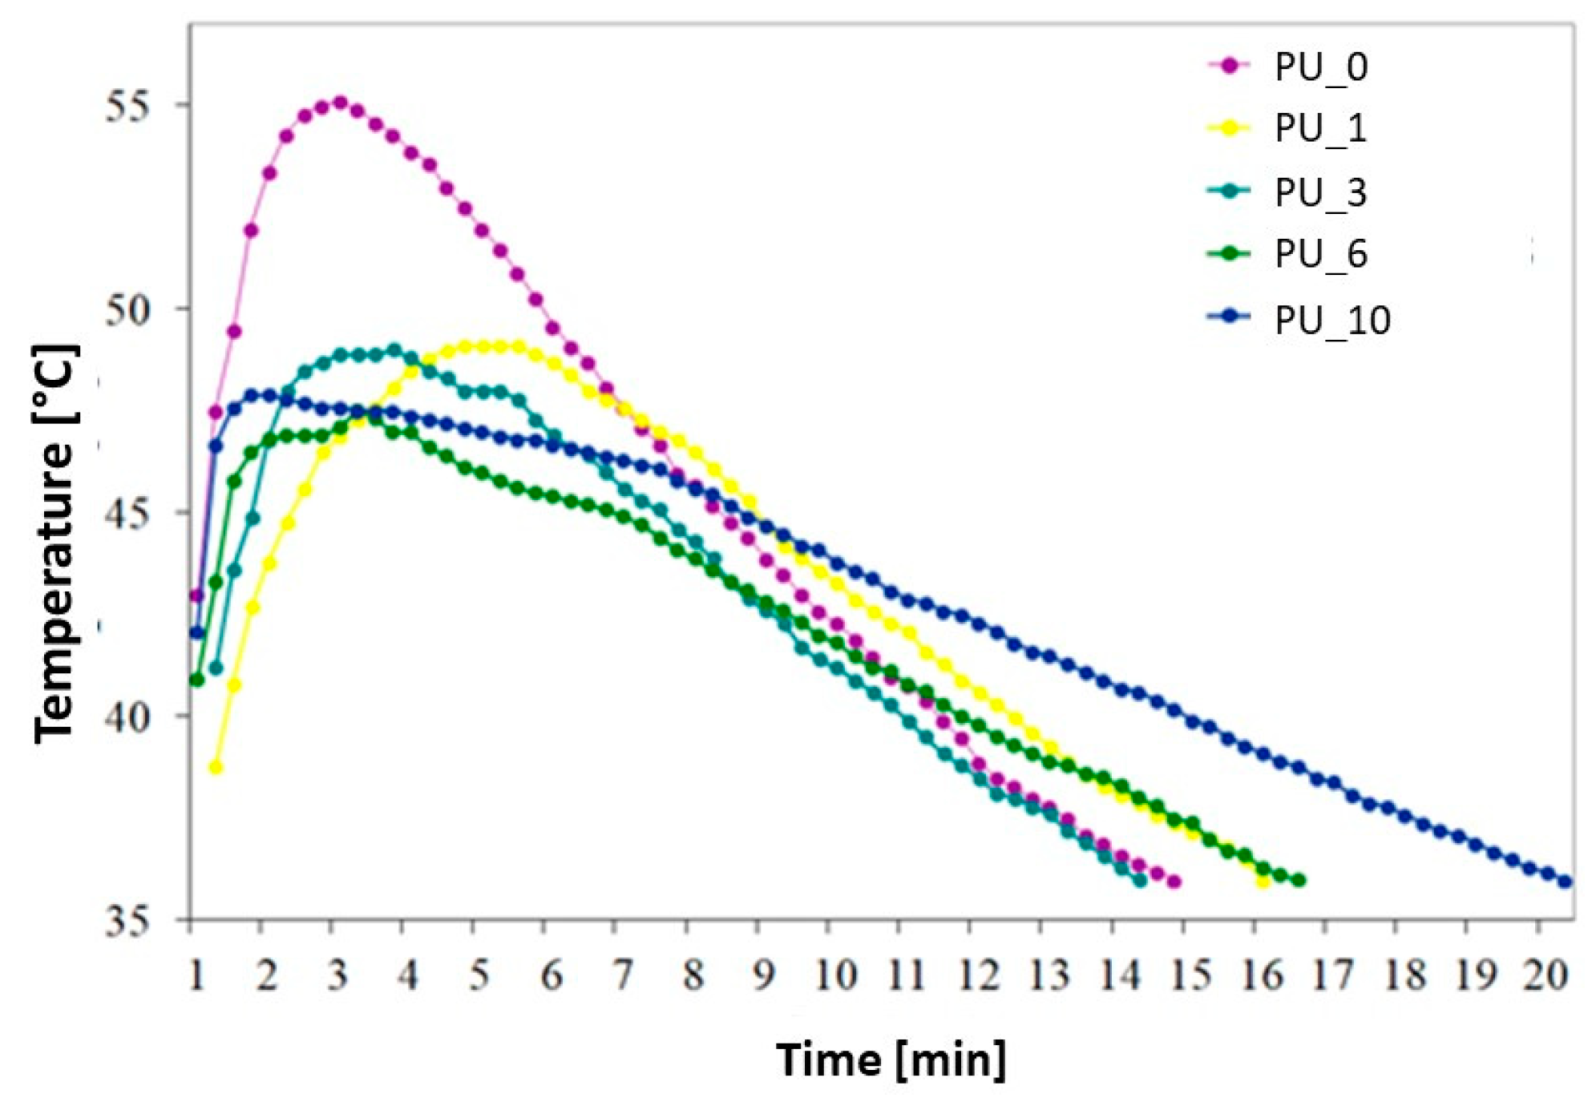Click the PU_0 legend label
pyautogui.click(x=1320, y=67)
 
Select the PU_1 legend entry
pyautogui.click(x=1320, y=128)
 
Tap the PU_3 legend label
pyautogui.click(x=1320, y=192)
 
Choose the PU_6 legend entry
pyautogui.click(x=1320, y=254)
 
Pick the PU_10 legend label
pyautogui.click(x=1331, y=320)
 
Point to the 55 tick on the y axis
pyautogui.click(x=127, y=106)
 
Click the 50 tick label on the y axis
pyautogui.click(x=127, y=309)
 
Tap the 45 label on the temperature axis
pyautogui.click(x=127, y=513)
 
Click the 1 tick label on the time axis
pyautogui.click(x=196, y=975)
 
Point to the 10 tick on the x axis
pyautogui.click(x=835, y=975)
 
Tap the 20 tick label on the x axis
pyautogui.click(x=1545, y=975)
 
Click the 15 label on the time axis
pyautogui.click(x=1190, y=975)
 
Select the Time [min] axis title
pyautogui.click(x=890, y=1060)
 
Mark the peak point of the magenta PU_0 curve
pyautogui.click(x=340, y=103)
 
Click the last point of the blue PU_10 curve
pyautogui.click(x=1565, y=882)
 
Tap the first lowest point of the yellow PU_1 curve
pyautogui.click(x=215, y=767)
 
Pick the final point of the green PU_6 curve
pyautogui.click(x=1299, y=880)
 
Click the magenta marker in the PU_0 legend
pyautogui.click(x=1229, y=66)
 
